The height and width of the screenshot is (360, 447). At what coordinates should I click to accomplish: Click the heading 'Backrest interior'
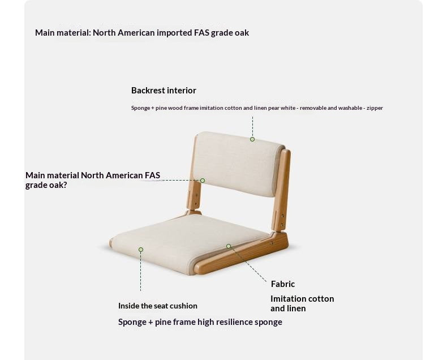164,91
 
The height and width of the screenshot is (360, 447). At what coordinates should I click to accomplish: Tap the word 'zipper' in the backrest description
375,108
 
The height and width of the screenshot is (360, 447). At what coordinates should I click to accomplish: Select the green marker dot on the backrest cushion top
252,139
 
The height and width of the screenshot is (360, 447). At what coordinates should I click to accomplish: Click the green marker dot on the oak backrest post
203,181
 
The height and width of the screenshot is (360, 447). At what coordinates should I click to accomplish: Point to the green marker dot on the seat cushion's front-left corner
141,250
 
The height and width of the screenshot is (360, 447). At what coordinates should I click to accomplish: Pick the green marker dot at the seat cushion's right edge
229,246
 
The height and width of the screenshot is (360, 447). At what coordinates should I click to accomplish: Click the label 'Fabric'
282,284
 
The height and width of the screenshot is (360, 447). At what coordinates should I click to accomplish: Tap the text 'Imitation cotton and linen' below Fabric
302,303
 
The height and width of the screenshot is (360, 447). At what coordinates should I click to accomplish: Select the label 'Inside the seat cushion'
158,306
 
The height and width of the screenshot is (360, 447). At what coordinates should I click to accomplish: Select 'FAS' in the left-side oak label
152,175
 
